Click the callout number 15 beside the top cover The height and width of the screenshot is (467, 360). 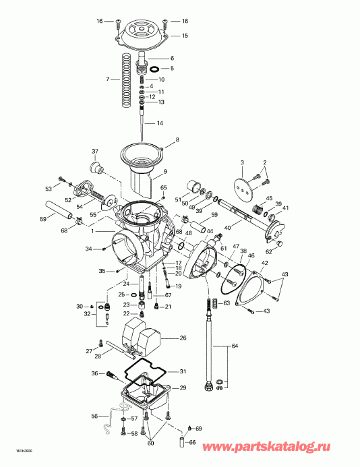(x=185, y=36)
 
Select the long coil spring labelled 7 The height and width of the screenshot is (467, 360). (x=127, y=80)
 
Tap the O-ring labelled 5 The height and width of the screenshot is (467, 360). (x=154, y=69)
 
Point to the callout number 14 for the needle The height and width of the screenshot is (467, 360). (x=160, y=123)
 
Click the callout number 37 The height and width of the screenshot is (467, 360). (x=95, y=152)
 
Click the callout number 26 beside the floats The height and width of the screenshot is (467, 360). (x=183, y=338)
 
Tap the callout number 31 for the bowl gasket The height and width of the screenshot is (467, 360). (x=183, y=371)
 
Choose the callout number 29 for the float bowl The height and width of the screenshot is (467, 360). (x=183, y=387)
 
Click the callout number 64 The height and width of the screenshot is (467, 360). (x=235, y=346)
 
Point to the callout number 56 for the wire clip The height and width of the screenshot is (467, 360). (x=94, y=416)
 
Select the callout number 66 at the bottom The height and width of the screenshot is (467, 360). (x=193, y=442)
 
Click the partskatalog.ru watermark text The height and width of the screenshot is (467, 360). (x=266, y=447)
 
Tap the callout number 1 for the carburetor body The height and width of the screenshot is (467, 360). (x=92, y=231)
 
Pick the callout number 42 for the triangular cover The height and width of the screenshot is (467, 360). (x=264, y=263)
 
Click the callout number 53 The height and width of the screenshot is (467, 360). (x=49, y=189)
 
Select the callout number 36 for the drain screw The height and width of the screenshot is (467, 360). (x=94, y=373)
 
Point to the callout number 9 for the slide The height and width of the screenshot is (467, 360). (x=164, y=172)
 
